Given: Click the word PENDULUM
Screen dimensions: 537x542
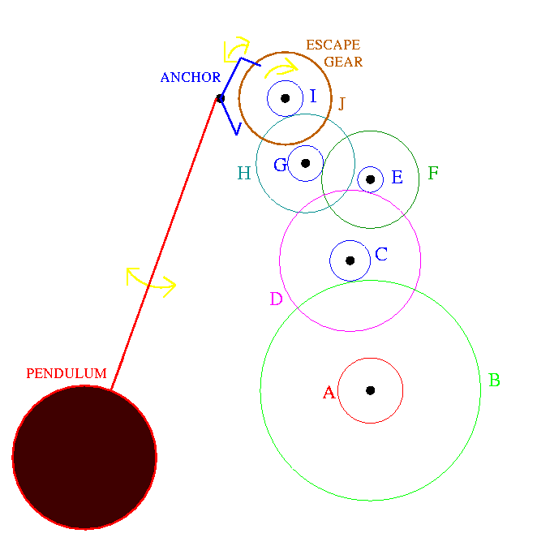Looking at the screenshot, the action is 67,373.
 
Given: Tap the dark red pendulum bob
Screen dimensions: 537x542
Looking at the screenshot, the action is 84,457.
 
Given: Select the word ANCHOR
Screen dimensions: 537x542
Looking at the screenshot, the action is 191,77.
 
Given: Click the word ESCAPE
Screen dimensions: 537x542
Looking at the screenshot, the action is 333,45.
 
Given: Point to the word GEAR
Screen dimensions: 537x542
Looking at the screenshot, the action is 343,62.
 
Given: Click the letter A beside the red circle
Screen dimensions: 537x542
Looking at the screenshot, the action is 329,393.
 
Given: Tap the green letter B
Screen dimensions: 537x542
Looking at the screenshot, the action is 495,380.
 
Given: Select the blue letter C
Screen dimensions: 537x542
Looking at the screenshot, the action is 381,254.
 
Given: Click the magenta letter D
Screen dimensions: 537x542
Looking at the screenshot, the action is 276,299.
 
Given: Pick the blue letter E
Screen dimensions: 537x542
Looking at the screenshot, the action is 397,177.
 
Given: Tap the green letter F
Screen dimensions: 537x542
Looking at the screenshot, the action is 433,173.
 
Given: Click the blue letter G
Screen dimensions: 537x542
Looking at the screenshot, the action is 280,165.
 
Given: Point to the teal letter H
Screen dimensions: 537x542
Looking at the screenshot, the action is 244,173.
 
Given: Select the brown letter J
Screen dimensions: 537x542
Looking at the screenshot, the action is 342,103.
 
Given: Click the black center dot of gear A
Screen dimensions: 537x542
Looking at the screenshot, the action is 371,390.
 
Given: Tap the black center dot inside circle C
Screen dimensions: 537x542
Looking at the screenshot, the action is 350,260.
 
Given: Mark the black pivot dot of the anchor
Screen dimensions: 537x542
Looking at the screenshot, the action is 220,98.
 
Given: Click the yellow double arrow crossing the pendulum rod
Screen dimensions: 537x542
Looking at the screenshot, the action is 151,282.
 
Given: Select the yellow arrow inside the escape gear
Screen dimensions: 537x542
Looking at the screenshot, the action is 281,68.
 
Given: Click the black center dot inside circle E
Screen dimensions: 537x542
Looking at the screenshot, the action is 371,179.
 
